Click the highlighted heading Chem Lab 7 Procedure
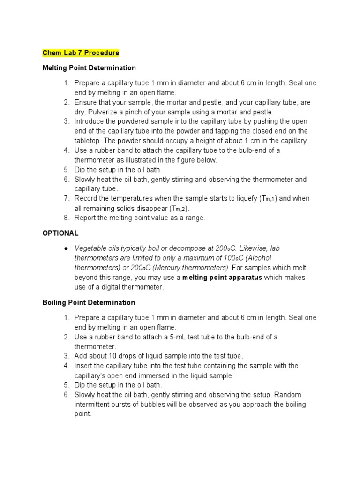point(81,52)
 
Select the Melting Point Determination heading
point(89,68)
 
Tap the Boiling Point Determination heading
point(89,302)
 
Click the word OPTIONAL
point(60,233)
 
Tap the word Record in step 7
point(86,198)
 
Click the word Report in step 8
point(86,217)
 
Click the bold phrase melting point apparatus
point(222,277)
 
